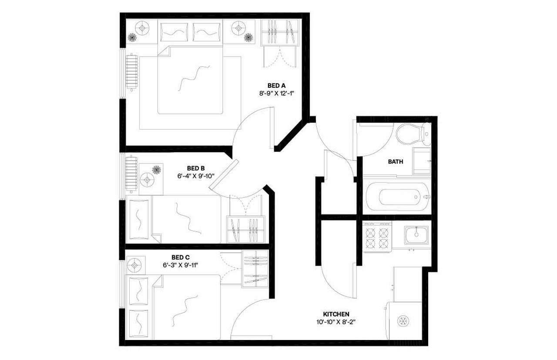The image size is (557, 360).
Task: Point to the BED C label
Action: [x=180, y=257]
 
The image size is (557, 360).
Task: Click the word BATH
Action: [x=396, y=162]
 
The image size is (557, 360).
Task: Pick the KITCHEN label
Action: [x=336, y=314]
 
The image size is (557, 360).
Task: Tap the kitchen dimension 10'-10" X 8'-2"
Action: [x=336, y=322]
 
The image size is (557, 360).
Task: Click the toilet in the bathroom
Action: [x=411, y=134]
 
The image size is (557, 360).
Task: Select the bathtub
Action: [x=396, y=197]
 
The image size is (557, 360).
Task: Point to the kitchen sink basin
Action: [x=416, y=235]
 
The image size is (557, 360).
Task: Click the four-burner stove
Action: [x=377, y=237]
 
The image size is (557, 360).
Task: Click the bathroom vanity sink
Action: [x=421, y=161]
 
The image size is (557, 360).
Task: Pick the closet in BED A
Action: [x=279, y=33]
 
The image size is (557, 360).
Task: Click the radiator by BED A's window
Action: [x=131, y=72]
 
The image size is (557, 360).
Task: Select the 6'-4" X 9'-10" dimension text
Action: [x=196, y=176]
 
